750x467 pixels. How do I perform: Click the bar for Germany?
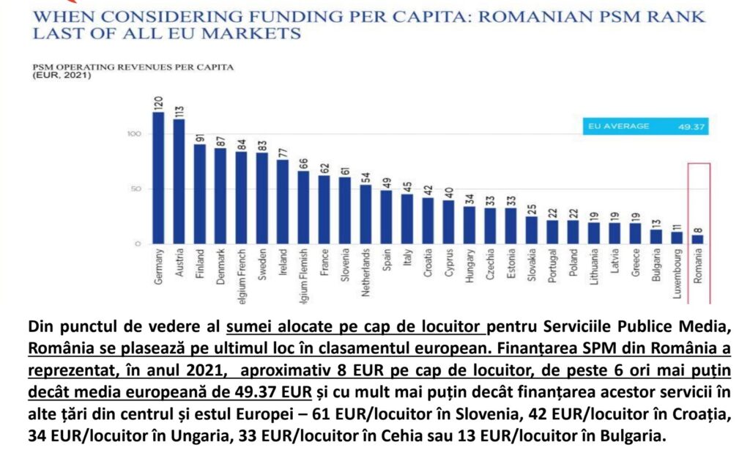coord(158,178)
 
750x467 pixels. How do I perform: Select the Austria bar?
coord(179,181)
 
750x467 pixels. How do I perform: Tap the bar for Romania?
coord(699,239)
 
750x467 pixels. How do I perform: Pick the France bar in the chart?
coord(324,209)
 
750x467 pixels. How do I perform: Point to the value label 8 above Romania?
coord(699,228)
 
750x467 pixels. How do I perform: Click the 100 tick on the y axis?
coord(132,134)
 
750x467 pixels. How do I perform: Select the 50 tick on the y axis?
coord(134,189)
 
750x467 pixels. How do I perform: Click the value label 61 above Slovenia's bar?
coord(345,170)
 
